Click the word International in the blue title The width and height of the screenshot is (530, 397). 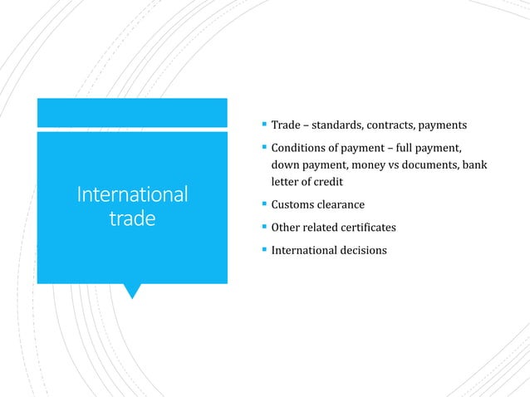point(132,195)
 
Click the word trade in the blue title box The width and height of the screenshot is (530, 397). point(132,220)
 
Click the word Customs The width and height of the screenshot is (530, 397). point(294,204)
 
